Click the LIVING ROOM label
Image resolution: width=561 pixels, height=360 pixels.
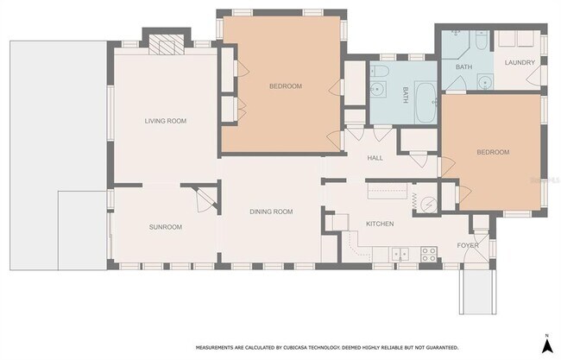[x=166, y=121]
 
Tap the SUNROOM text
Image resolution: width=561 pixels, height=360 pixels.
[x=165, y=227]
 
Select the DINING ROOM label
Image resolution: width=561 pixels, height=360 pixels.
[x=271, y=212]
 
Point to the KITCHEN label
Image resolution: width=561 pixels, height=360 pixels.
[x=380, y=224]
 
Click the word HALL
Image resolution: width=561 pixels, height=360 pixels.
[x=375, y=158]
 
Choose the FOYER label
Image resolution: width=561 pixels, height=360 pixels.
[x=467, y=245]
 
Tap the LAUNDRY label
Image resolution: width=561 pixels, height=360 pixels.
[x=520, y=62]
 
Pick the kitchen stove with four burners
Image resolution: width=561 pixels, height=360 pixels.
[x=427, y=253]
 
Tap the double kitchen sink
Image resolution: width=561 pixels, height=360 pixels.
[x=400, y=254]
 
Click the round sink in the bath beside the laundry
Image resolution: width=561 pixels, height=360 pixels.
[x=484, y=83]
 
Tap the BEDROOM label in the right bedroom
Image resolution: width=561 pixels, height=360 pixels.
[x=493, y=152]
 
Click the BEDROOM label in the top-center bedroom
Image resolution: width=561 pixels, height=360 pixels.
[x=285, y=86]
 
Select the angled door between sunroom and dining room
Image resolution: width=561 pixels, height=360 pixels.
[x=202, y=199]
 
